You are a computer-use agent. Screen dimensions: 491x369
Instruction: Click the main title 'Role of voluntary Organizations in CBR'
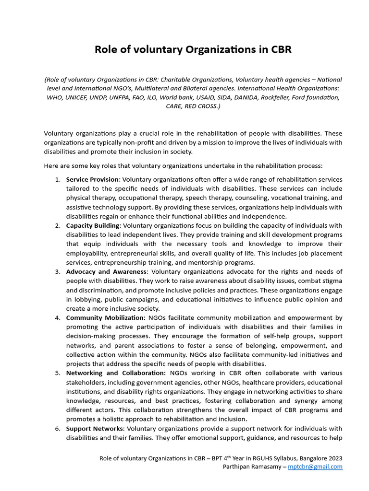193,50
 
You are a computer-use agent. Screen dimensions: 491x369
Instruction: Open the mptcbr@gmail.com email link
315,467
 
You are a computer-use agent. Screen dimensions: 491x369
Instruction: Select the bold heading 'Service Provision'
92,179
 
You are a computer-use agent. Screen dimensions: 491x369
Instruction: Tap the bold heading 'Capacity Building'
93,225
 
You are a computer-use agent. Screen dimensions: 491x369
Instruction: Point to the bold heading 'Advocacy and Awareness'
106,272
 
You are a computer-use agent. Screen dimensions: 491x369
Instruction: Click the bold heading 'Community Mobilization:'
106,318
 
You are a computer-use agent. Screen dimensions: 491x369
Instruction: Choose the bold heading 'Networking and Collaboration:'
116,373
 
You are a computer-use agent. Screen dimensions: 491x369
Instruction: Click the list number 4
57,318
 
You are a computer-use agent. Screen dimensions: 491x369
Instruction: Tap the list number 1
57,179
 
